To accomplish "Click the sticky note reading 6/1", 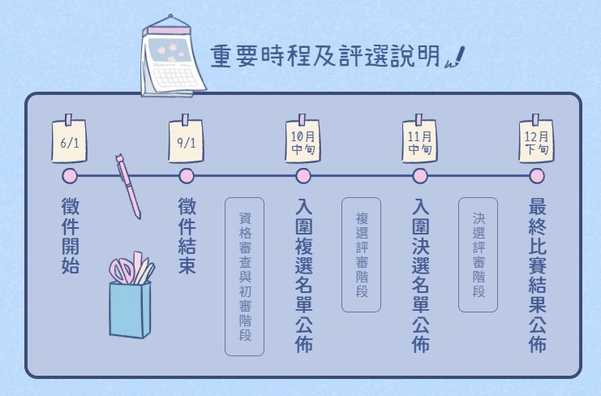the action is pyautogui.click(x=70, y=141).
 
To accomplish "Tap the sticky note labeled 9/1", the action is pyautogui.click(x=187, y=141).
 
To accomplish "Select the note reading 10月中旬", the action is pyautogui.click(x=303, y=141).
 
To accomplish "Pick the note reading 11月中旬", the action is pyautogui.click(x=419, y=141).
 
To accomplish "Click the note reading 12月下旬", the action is pyautogui.click(x=537, y=141).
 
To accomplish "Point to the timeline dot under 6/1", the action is pyautogui.click(x=70, y=176).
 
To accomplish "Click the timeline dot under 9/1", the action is pyautogui.click(x=187, y=176).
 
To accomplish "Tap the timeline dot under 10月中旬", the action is pyautogui.click(x=303, y=176).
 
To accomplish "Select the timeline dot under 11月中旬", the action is pyautogui.click(x=420, y=176).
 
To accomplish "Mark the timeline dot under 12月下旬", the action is pyautogui.click(x=537, y=176).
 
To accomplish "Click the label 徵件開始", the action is pyautogui.click(x=71, y=236).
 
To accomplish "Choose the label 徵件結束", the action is pyautogui.click(x=187, y=236).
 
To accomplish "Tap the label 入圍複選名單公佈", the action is pyautogui.click(x=304, y=275).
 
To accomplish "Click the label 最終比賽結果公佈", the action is pyautogui.click(x=538, y=275).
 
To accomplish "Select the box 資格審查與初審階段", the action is pyautogui.click(x=245, y=277).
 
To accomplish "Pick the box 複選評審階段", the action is pyautogui.click(x=361, y=255).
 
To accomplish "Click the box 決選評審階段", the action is pyautogui.click(x=478, y=255).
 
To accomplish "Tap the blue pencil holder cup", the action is pyautogui.click(x=130, y=310).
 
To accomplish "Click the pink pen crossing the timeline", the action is pyautogui.click(x=128, y=186).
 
